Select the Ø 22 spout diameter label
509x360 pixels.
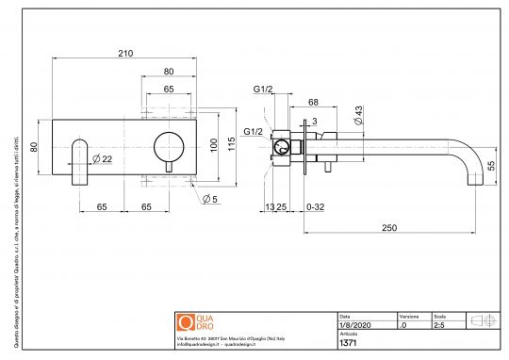(x=105, y=159)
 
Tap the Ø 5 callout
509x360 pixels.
(x=209, y=198)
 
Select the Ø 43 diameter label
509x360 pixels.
(x=359, y=115)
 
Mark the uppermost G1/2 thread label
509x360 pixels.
(x=263, y=90)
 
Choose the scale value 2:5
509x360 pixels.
(x=438, y=324)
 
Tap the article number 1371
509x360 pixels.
(x=347, y=344)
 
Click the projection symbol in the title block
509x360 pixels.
(x=482, y=320)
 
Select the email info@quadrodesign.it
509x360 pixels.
(x=200, y=345)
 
